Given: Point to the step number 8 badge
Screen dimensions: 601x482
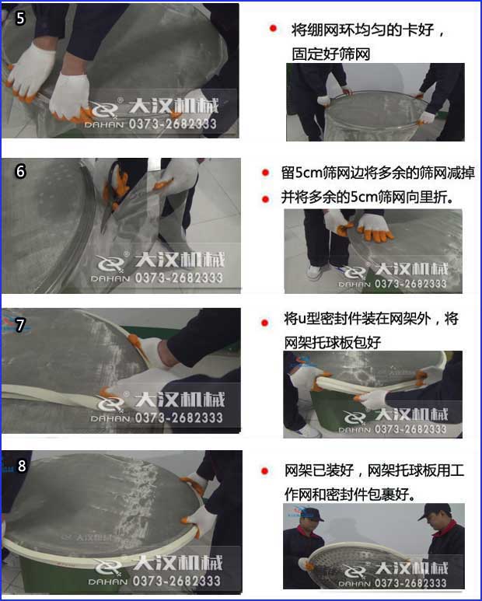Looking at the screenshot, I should pyautogui.click(x=22, y=466).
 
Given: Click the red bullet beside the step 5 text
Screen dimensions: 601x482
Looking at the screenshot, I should pyautogui.click(x=273, y=29).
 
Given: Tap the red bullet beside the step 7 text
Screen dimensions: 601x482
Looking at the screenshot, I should pyautogui.click(x=273, y=320).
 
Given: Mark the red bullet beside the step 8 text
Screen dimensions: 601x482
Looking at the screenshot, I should pyautogui.click(x=273, y=470).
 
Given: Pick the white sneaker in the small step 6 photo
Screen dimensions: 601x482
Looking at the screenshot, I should pyautogui.click(x=314, y=272).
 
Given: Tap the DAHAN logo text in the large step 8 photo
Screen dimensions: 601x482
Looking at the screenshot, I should pyautogui.click(x=112, y=582).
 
